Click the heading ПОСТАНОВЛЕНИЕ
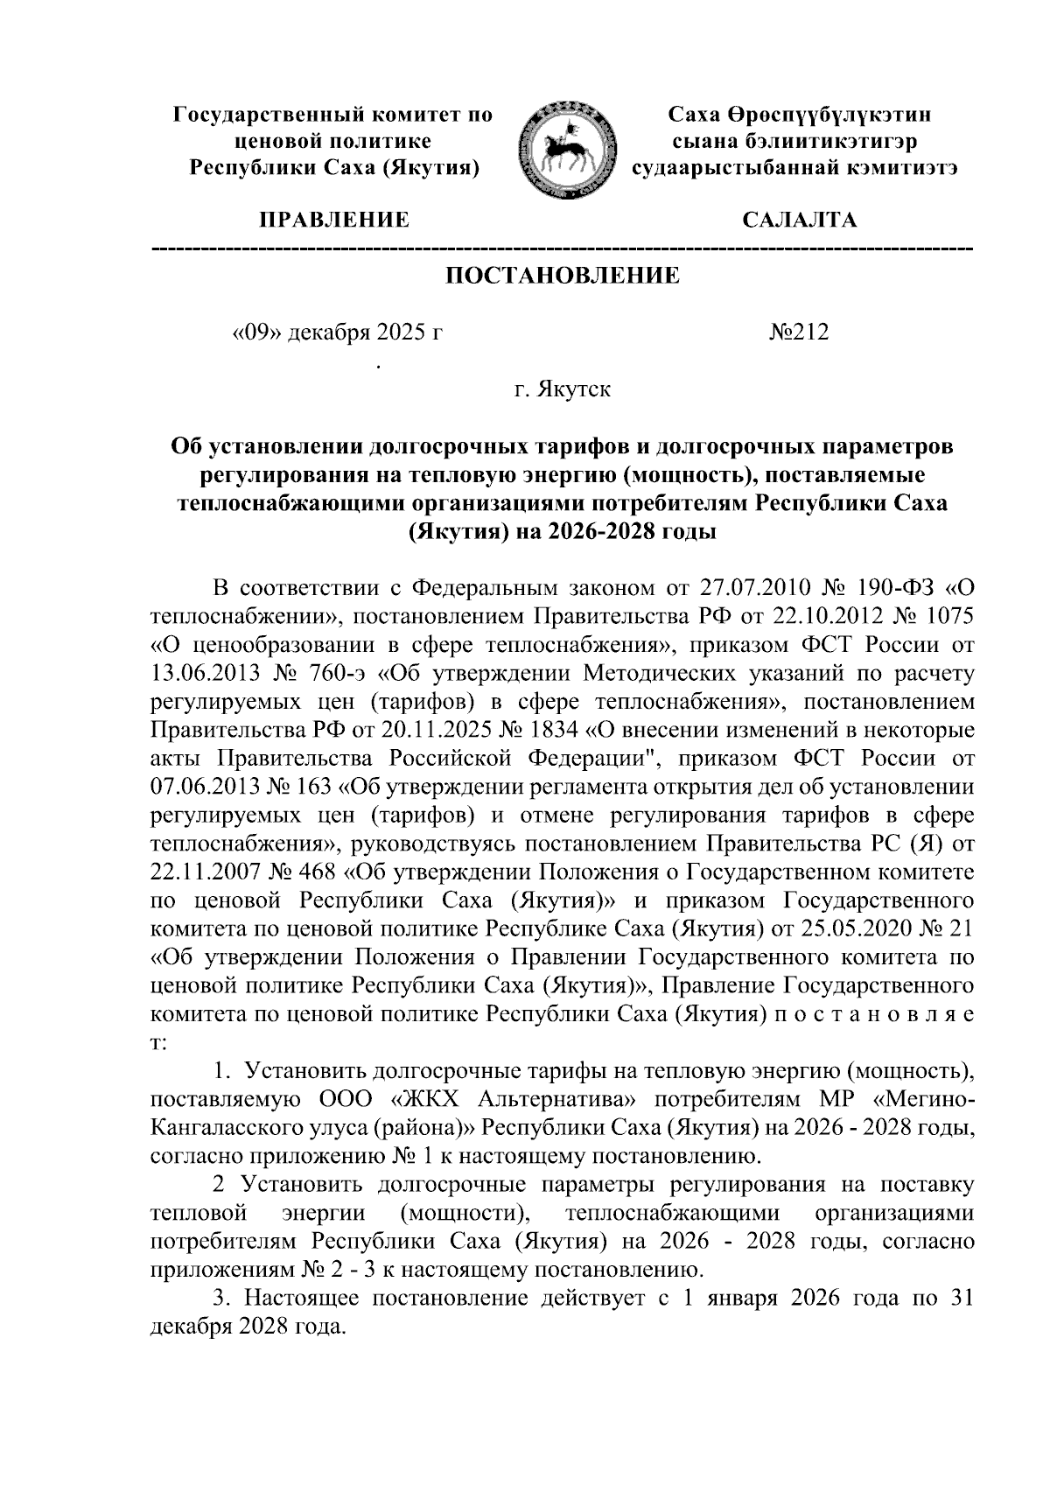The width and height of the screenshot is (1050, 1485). (563, 277)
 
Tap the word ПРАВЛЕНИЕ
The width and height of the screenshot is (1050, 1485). (331, 220)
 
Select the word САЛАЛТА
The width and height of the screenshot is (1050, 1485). (799, 220)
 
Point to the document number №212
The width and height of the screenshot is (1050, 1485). (798, 333)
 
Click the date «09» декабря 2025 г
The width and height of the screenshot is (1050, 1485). (332, 333)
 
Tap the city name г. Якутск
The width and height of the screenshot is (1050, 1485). (562, 389)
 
